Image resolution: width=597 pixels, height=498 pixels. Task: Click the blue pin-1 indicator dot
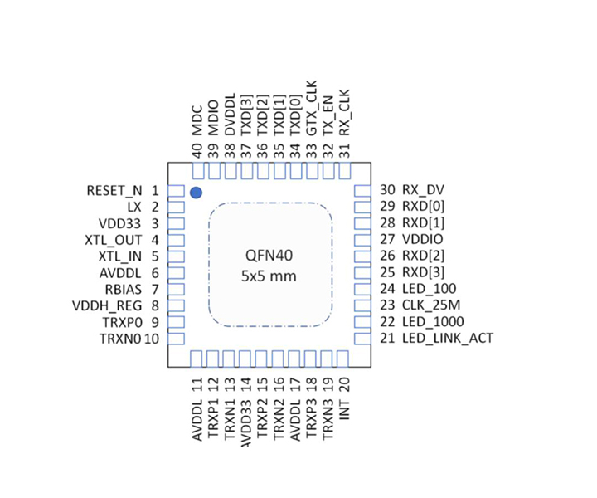tap(196, 193)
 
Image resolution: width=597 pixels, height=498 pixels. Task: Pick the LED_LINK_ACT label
tap(448, 338)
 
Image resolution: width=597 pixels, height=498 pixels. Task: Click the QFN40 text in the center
tap(270, 256)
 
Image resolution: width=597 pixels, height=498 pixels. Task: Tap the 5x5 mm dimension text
tap(270, 276)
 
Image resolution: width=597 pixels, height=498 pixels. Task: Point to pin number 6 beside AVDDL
tap(155, 273)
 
